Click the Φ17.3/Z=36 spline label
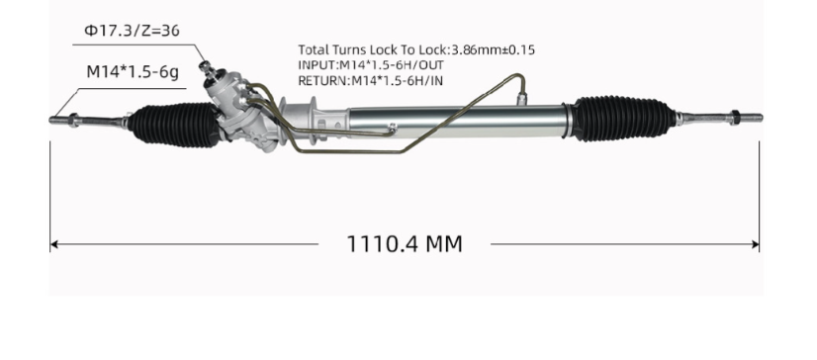click(132, 32)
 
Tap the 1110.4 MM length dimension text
click(404, 243)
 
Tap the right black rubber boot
click(612, 116)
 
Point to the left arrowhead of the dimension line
click(55, 243)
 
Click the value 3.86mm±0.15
click(493, 48)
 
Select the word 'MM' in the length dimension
click(442, 243)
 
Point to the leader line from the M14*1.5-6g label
click(64, 99)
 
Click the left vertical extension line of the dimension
click(49, 198)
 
